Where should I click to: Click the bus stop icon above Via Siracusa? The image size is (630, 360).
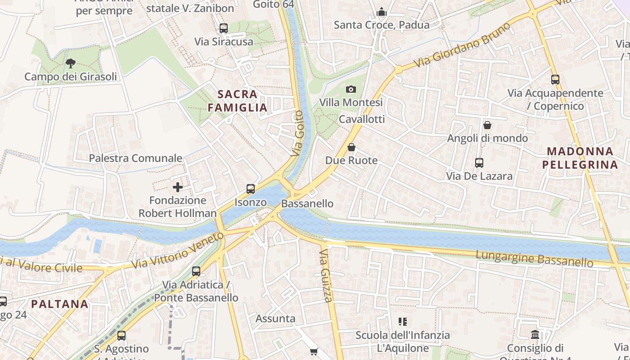(x=224, y=28)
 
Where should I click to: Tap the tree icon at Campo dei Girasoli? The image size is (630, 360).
(x=70, y=63)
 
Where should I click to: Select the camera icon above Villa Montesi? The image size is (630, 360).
(x=351, y=89)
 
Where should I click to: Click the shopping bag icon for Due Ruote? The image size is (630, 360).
(x=351, y=147)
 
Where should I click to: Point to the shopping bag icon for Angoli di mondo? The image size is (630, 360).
(x=487, y=125)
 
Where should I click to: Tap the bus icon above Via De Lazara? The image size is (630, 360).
(x=479, y=163)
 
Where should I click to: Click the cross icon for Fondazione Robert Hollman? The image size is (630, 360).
(x=178, y=187)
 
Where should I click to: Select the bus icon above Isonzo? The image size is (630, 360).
(x=251, y=189)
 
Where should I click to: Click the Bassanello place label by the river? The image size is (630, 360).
(x=307, y=203)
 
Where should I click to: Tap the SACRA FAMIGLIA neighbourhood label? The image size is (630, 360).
(x=238, y=101)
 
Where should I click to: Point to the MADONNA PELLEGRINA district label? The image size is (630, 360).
(x=580, y=158)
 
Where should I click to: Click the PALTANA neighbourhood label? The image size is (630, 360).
(x=60, y=304)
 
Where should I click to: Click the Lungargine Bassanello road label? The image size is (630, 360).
(x=535, y=259)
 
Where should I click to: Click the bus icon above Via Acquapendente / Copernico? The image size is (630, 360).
(x=555, y=80)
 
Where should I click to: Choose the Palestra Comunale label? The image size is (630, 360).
(x=135, y=158)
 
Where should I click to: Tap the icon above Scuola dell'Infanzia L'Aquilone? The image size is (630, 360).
(x=403, y=322)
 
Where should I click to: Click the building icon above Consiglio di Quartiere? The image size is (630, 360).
(x=535, y=334)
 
